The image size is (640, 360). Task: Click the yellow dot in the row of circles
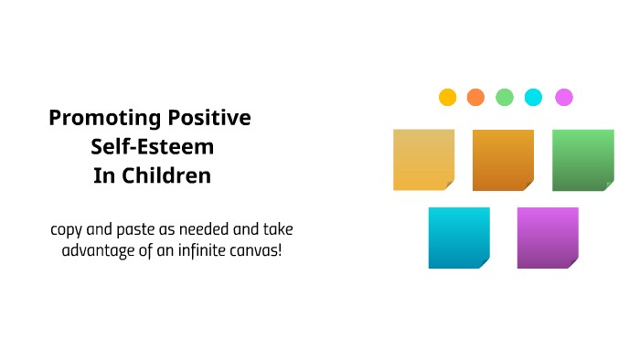click(447, 97)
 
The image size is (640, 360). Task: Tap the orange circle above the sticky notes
click(475, 97)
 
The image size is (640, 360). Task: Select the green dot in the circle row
click(505, 97)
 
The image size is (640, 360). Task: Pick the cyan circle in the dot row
click(534, 97)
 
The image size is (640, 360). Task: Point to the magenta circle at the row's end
click(564, 97)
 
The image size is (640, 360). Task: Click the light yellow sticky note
click(423, 160)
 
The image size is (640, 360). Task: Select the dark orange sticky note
click(503, 160)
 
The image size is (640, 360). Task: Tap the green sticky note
click(582, 160)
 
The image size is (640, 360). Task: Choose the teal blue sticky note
click(459, 238)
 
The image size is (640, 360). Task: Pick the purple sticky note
click(548, 238)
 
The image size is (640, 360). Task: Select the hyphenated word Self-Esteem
click(152, 147)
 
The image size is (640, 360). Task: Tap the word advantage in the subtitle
click(99, 249)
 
